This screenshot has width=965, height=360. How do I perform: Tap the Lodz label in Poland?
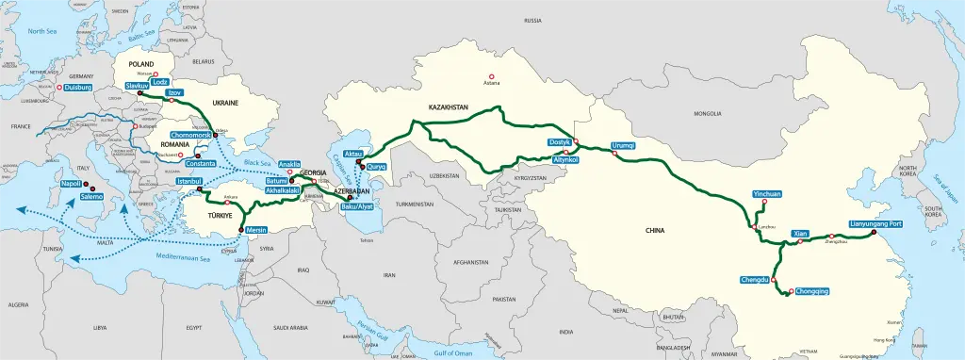160,82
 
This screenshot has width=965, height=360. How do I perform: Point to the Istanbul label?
190,180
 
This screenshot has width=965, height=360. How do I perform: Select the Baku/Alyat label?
355,205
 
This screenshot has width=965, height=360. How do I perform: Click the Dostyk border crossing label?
559,142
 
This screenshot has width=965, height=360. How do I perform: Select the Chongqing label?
811,292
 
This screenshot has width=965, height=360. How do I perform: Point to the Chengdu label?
756,280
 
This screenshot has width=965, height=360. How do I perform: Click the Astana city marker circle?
489,76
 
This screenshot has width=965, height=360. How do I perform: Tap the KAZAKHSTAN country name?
449,107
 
